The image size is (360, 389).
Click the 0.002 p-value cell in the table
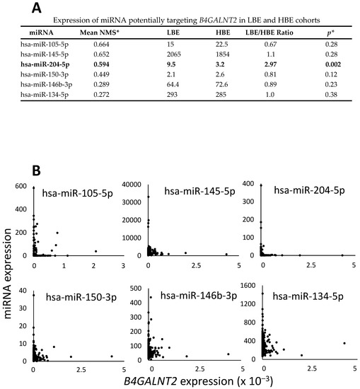coord(333,64)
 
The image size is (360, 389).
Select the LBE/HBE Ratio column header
coord(269,33)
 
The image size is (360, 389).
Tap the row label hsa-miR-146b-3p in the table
coord(47,85)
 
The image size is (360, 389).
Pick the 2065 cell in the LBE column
coord(174,54)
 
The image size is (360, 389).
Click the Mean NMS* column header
coord(99,33)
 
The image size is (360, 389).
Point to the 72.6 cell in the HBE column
coord(222,85)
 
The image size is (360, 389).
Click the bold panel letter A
coord(37,8)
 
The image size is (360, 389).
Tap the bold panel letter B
coord(36,170)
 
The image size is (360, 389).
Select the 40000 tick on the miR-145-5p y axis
coord(132,185)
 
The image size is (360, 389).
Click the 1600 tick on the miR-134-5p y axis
coord(248,285)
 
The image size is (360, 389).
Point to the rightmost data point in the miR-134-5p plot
coord(344,343)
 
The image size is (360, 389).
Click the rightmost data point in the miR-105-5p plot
coord(95,251)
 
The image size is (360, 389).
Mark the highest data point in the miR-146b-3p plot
coord(151,297)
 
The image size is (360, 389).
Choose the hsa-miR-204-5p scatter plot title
coord(309,190)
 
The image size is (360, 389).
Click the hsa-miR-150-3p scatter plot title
coord(81,297)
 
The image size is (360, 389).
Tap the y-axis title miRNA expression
coord(8,274)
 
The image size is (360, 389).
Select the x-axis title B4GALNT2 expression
coord(199,381)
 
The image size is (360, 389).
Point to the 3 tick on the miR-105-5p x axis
coord(123,266)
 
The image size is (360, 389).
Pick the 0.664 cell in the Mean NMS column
coord(101,45)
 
